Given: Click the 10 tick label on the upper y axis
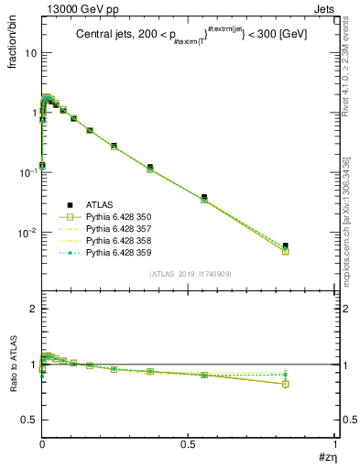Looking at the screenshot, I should [30, 52].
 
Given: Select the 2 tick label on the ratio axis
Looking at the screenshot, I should [33, 309].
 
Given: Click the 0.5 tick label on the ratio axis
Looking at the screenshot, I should [29, 420].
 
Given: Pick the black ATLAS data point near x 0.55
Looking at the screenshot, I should [204, 197].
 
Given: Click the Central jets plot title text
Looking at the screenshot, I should [191, 33].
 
